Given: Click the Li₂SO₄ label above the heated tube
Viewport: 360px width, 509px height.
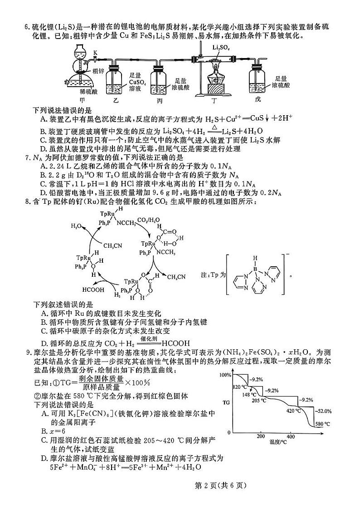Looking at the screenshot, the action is (x=221, y=47).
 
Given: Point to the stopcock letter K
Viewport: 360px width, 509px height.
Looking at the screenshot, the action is (x=95, y=53).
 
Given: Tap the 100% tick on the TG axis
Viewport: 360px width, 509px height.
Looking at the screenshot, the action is (x=225, y=375).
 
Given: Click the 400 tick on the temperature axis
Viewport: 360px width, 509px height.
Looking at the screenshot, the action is (x=291, y=436).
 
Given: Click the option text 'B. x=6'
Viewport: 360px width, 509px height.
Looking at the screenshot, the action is (x=50, y=430).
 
